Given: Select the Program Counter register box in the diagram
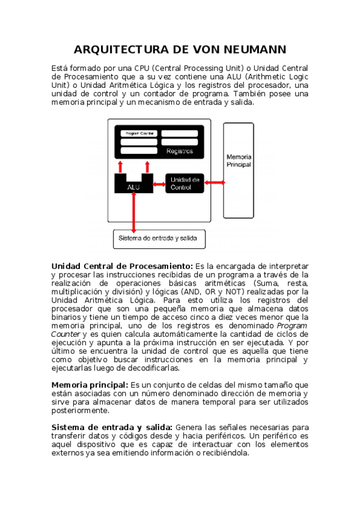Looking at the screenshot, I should tap(139, 133).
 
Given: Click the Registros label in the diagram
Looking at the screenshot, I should tap(179, 152).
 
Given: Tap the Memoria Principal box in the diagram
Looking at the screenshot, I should tap(239, 170).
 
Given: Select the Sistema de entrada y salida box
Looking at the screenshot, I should tap(159, 238).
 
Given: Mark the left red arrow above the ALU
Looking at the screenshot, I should tap(121, 166).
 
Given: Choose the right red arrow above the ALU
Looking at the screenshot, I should tap(146, 166).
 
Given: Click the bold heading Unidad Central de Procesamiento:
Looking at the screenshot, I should tap(122, 266).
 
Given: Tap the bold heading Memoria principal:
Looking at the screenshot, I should tap(90, 384).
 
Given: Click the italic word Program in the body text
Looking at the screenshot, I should tap(293, 325).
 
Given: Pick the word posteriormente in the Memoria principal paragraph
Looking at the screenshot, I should tap(81, 411).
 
